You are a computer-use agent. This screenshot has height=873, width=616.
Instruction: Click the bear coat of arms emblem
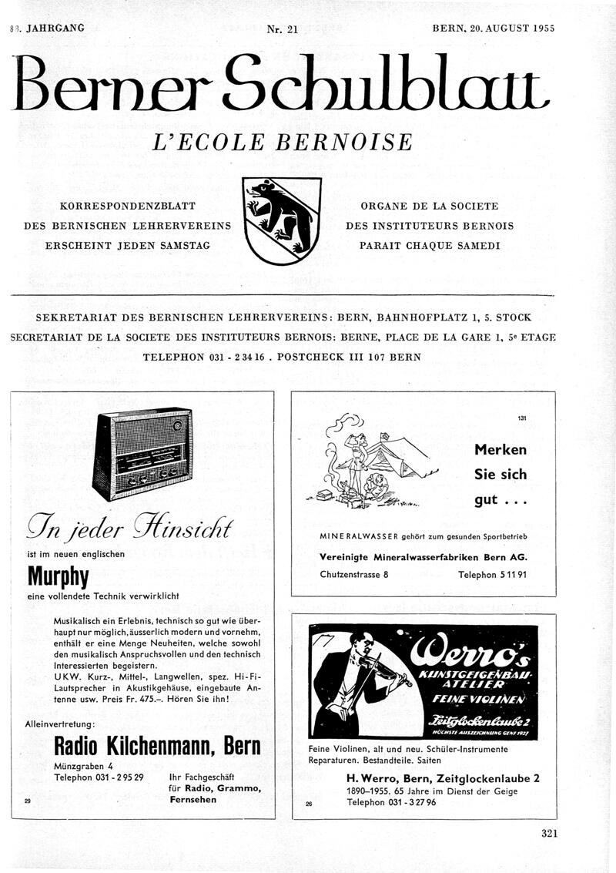[x=281, y=220]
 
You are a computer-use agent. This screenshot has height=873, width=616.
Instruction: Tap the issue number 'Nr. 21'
[x=282, y=29]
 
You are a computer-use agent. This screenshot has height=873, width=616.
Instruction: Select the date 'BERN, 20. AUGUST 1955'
[x=494, y=28]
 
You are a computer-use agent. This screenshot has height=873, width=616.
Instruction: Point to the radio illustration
[x=142, y=455]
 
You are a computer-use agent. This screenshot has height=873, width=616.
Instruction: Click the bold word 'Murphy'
[x=59, y=576]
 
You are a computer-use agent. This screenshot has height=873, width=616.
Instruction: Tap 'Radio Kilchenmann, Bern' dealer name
[x=157, y=746]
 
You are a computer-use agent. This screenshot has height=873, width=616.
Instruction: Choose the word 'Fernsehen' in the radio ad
[x=192, y=800]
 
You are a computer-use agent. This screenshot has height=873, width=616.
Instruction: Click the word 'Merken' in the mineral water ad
[x=500, y=450]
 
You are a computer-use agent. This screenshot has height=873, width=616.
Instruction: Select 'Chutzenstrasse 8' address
[x=353, y=574]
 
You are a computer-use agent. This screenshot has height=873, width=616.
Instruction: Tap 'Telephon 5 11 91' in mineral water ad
[x=492, y=574]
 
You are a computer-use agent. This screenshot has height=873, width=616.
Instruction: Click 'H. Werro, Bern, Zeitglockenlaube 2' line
[x=443, y=778]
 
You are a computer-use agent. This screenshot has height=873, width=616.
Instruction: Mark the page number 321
[x=548, y=832]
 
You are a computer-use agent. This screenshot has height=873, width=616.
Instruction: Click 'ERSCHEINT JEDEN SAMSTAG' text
[x=129, y=246]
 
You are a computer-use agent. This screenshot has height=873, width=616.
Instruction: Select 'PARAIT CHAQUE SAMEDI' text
[x=430, y=246]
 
